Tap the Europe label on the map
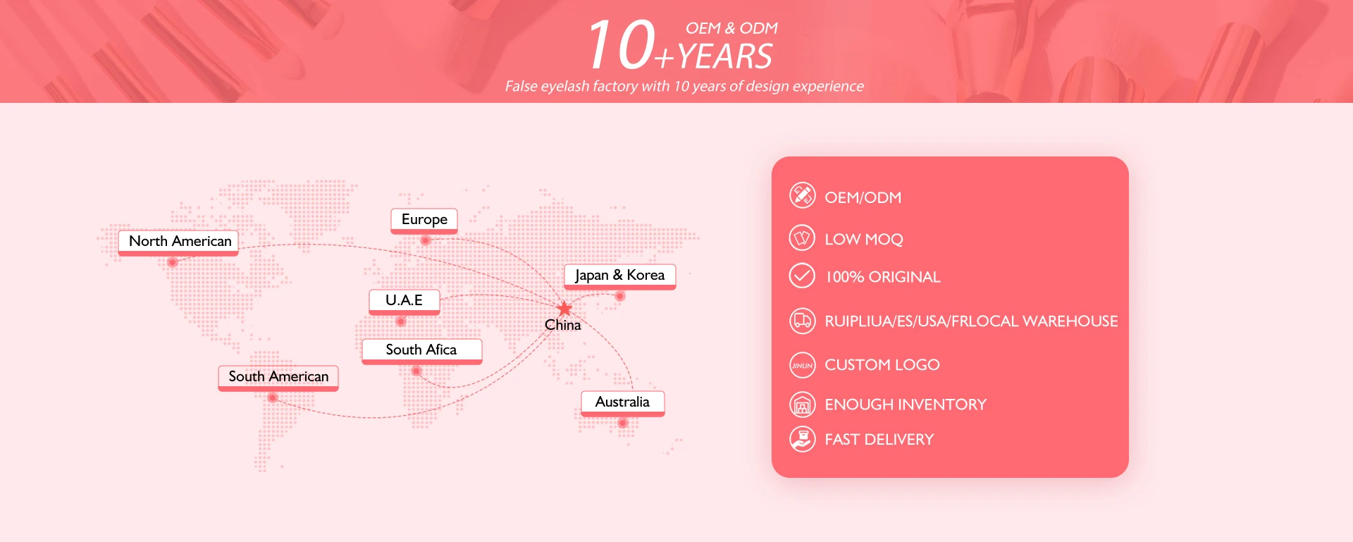[x=424, y=220]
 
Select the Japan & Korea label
[x=620, y=276]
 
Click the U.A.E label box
[x=404, y=301]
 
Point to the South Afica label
[x=421, y=350]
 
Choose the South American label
[x=278, y=377]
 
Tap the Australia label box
[x=622, y=402]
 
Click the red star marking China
[x=564, y=309]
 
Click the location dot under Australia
[x=623, y=423]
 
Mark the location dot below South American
[x=273, y=398]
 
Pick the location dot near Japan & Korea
[x=620, y=296]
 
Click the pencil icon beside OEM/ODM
[x=802, y=195]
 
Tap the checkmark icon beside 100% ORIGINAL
[x=802, y=276]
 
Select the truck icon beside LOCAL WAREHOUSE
[x=802, y=321]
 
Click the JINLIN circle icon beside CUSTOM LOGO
[x=802, y=365]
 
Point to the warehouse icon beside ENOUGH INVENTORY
[x=802, y=405]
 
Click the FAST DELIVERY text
[x=879, y=440]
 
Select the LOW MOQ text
[x=864, y=240]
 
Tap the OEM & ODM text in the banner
[x=731, y=28]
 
